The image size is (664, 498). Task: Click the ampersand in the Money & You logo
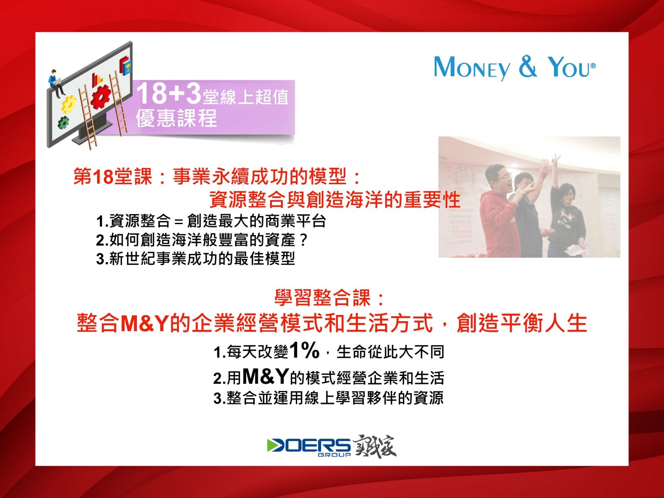click(x=528, y=66)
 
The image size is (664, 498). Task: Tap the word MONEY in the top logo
click(x=472, y=68)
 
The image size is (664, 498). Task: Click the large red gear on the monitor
click(x=100, y=97)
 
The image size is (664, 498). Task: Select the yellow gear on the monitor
click(x=69, y=104)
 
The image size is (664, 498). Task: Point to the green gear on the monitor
click(x=63, y=123)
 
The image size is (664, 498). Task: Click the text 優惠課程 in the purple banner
click(x=177, y=118)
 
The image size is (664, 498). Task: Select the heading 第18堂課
click(x=112, y=177)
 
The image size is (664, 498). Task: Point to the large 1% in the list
click(x=304, y=350)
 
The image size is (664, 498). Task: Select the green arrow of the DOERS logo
click(x=274, y=445)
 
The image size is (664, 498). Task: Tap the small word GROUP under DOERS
click(x=334, y=455)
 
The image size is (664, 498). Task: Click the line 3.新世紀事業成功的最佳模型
click(x=195, y=259)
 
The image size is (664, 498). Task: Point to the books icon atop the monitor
click(x=126, y=66)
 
